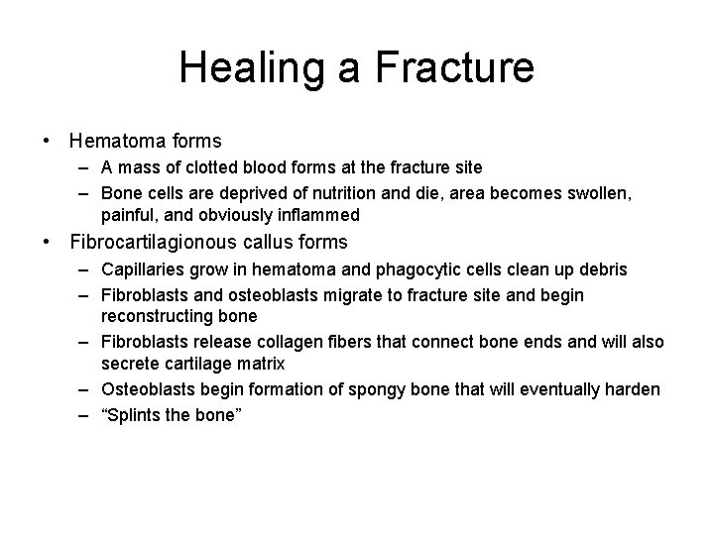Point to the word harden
[631, 389]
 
